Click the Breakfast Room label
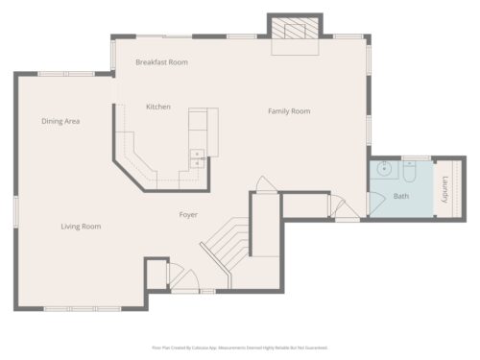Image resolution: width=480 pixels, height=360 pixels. click(161, 62)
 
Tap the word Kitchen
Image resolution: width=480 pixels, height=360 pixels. click(158, 107)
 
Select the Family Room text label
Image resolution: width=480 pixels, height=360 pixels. click(288, 111)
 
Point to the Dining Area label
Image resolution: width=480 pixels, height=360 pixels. click(60, 121)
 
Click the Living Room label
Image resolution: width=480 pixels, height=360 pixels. click(81, 227)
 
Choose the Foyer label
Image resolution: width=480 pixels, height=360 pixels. click(188, 215)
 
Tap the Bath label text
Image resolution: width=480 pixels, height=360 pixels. click(400, 197)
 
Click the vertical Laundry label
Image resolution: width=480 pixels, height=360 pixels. click(444, 187)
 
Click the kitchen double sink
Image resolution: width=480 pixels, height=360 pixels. click(197, 158)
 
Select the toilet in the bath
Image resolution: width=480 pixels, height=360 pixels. click(409, 173)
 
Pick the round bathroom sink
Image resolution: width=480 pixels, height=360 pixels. click(383, 171)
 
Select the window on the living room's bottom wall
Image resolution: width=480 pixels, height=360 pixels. click(70, 309)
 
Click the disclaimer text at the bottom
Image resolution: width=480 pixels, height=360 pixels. click(240, 348)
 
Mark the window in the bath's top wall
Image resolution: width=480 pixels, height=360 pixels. click(415, 157)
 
